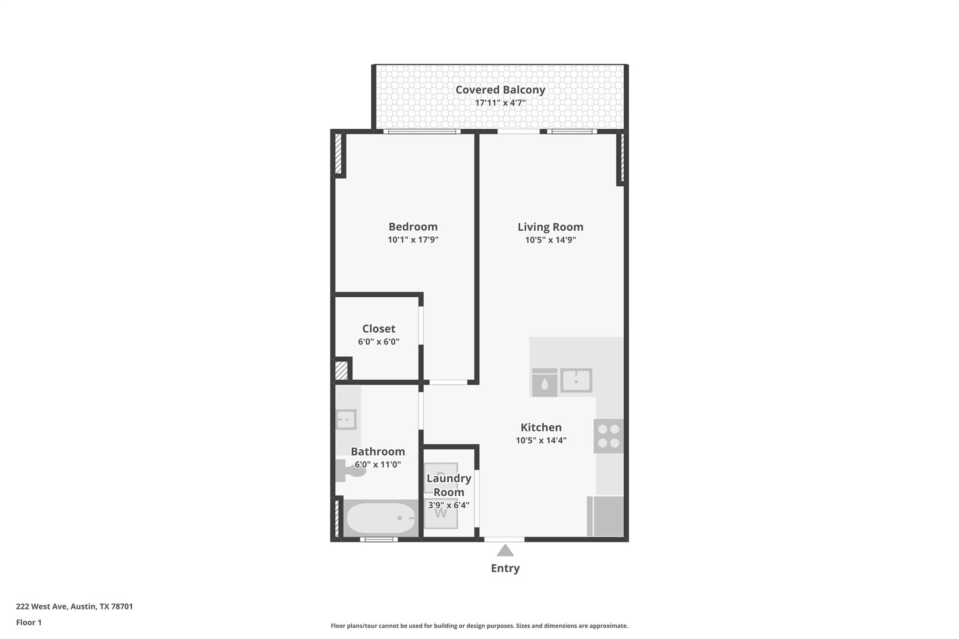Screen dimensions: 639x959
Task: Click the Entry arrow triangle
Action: pyautogui.click(x=505, y=551)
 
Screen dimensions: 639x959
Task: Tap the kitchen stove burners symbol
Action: pyautogui.click(x=608, y=436)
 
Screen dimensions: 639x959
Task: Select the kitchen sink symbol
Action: pyautogui.click(x=576, y=380)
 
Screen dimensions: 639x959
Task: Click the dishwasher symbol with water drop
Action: pyautogui.click(x=545, y=383)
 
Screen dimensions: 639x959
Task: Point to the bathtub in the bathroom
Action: pyautogui.click(x=381, y=518)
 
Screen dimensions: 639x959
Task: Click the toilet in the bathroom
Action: pyautogui.click(x=351, y=470)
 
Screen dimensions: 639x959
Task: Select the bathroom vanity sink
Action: pyautogui.click(x=347, y=419)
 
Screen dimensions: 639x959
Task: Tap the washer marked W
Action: pyautogui.click(x=441, y=514)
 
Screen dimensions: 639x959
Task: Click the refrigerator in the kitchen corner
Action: pyautogui.click(x=605, y=516)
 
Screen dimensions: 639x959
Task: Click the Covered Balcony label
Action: pyautogui.click(x=500, y=89)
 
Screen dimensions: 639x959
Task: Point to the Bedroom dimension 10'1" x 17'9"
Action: pyautogui.click(x=413, y=240)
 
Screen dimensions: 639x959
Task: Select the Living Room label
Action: pyautogui.click(x=550, y=227)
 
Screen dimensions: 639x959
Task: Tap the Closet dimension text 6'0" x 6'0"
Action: pyautogui.click(x=378, y=342)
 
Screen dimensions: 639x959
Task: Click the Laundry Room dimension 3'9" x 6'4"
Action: pyautogui.click(x=449, y=505)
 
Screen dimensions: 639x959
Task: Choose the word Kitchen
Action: pyautogui.click(x=541, y=427)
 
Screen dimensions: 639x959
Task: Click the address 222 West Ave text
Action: pyautogui.click(x=74, y=606)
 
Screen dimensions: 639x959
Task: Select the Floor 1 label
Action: pyautogui.click(x=29, y=622)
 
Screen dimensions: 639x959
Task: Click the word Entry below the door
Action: pyautogui.click(x=505, y=568)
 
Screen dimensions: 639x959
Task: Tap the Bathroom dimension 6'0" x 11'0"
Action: pyautogui.click(x=377, y=464)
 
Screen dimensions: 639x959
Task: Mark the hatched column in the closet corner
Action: pyautogui.click(x=341, y=370)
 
